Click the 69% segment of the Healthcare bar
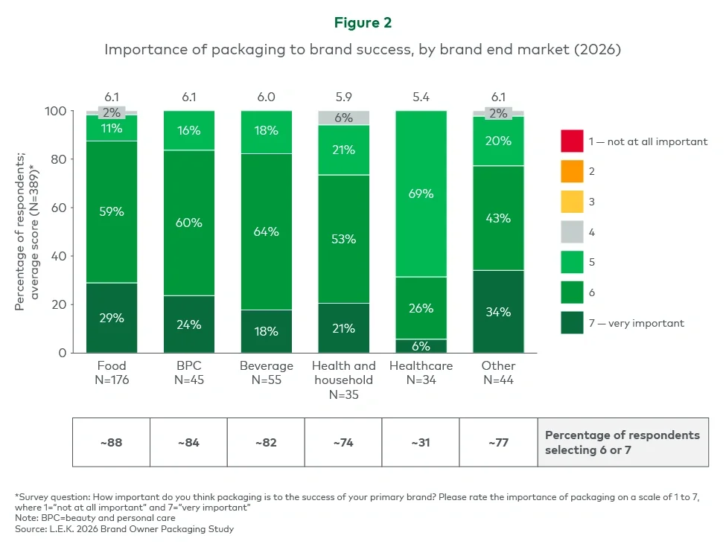[421, 193]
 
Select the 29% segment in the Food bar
[112, 317]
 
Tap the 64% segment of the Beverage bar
[267, 231]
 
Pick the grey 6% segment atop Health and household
[343, 118]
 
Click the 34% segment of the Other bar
[498, 311]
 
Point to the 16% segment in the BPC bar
[189, 131]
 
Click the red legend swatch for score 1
[572, 141]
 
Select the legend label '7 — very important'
[637, 323]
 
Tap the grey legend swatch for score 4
[572, 232]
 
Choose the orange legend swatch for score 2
[572, 171]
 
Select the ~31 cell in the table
[421, 442]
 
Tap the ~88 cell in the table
[112, 442]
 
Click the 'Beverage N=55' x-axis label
[267, 372]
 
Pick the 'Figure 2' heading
[363, 23]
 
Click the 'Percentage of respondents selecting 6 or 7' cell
[622, 442]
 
